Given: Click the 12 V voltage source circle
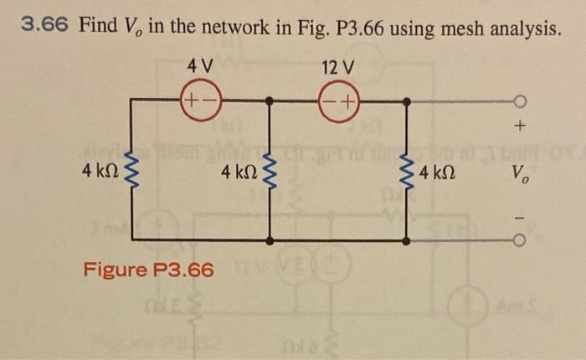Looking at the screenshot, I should (x=338, y=100).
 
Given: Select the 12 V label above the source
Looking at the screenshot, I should (x=338, y=65).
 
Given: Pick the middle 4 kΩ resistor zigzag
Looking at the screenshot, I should (x=269, y=173).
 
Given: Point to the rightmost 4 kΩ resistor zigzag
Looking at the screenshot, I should (x=406, y=173).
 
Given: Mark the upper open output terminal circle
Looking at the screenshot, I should (x=520, y=102).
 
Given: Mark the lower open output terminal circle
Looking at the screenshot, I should (x=520, y=241).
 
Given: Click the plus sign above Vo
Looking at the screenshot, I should (x=520, y=127).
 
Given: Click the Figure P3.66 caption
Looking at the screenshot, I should (x=148, y=270).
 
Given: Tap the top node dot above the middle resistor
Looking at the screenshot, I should (x=269, y=101).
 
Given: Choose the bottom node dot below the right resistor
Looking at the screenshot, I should (x=406, y=241).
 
